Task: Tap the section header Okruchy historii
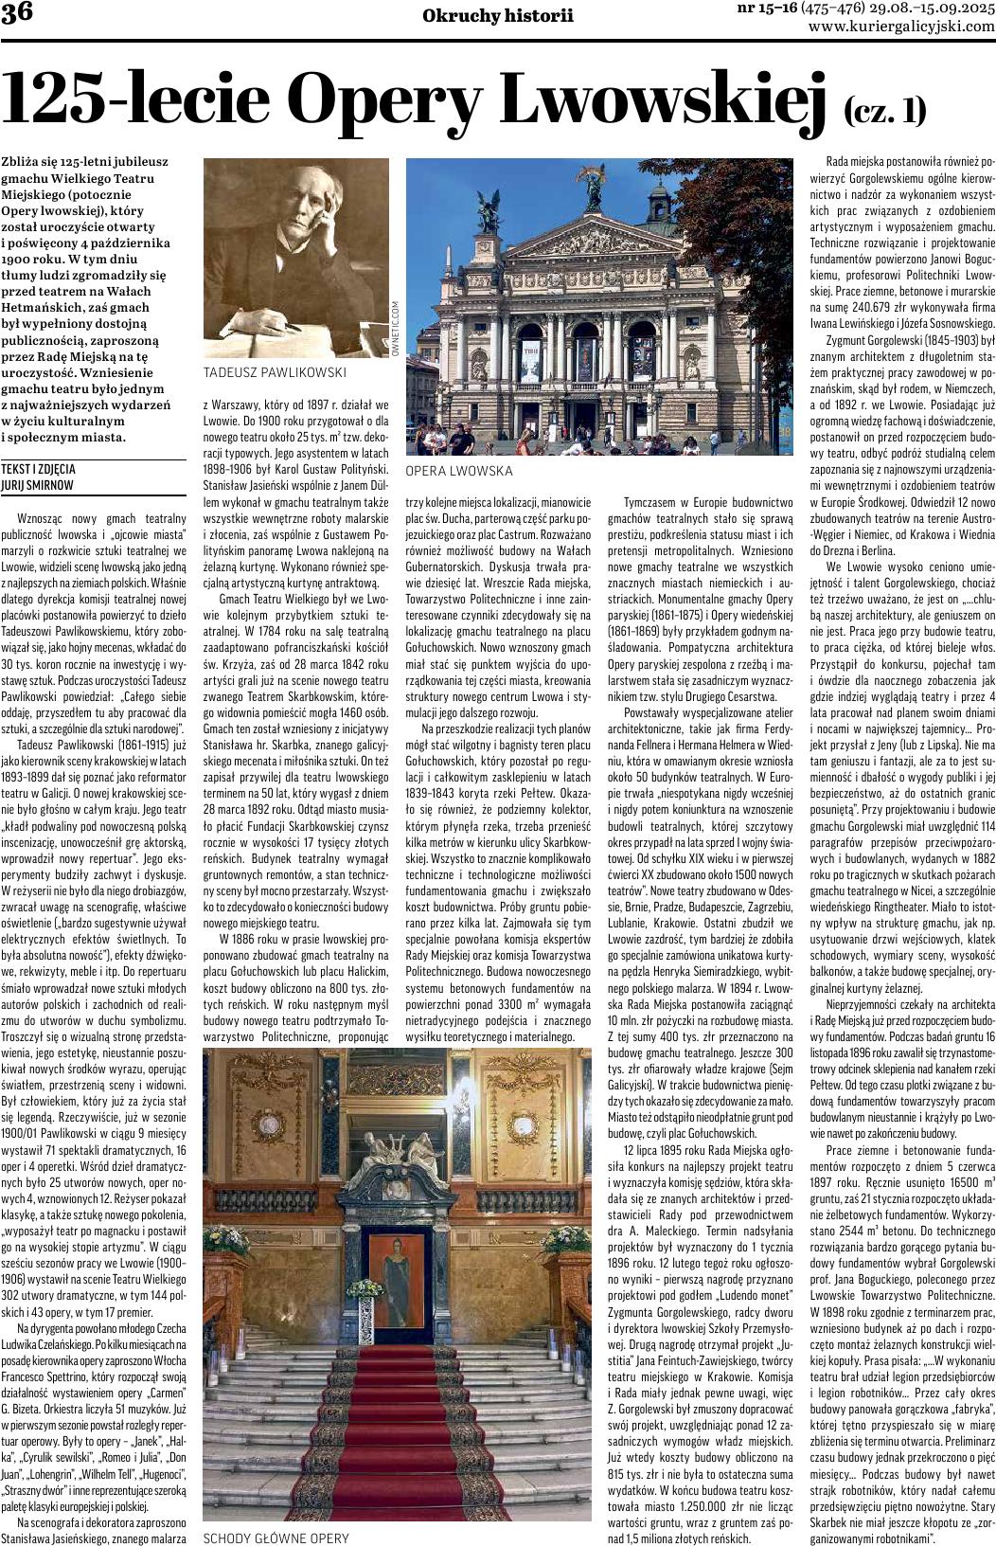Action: click(x=498, y=15)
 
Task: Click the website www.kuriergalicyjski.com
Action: click(x=901, y=27)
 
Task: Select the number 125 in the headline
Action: click(x=62, y=99)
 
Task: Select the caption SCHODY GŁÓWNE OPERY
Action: click(x=276, y=1538)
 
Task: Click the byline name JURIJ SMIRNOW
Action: click(x=39, y=485)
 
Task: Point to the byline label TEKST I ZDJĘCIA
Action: click(x=39, y=469)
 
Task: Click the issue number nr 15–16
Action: click(x=767, y=9)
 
